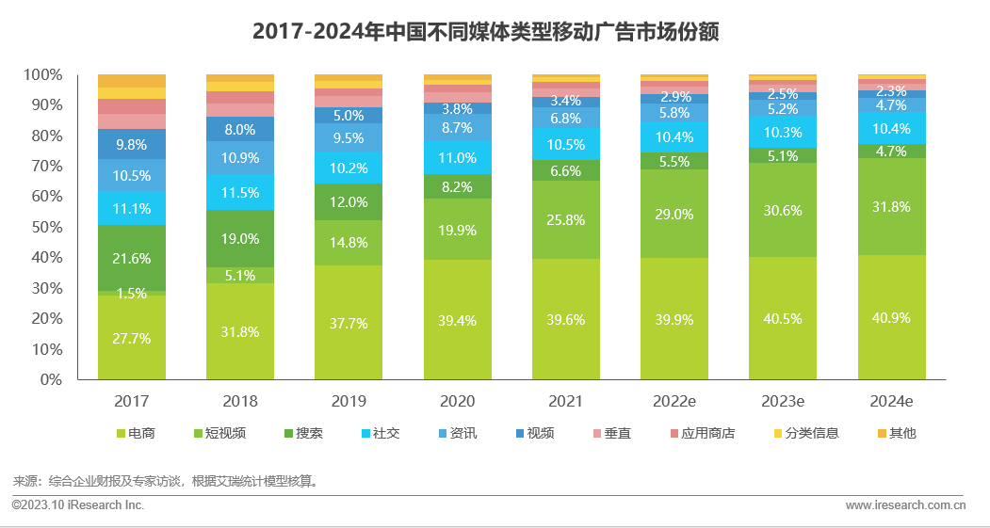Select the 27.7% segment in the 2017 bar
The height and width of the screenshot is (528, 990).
pos(132,338)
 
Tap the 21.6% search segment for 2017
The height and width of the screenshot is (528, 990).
pos(132,258)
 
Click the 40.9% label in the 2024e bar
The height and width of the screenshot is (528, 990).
pos(891,318)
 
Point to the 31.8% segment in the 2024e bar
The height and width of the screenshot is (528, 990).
pos(891,207)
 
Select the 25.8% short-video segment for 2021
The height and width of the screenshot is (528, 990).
pos(566,220)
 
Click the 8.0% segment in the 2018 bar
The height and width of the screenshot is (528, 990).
pos(240,130)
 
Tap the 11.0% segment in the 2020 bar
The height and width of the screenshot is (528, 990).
pos(457,158)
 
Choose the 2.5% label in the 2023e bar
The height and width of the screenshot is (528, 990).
pos(783,94)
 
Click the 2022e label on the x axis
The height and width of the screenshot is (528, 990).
pos(674,401)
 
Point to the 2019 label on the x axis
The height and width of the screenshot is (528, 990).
pos(349,401)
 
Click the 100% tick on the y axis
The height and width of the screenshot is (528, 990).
pos(41,74)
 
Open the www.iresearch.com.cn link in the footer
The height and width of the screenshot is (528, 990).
pos(905,505)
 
